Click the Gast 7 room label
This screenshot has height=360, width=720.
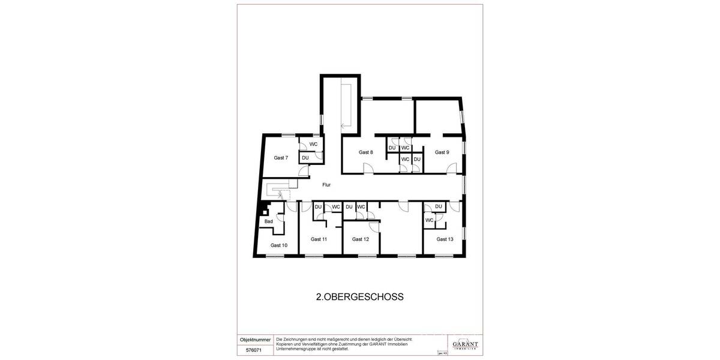pos(281,158)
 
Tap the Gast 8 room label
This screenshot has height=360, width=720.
pos(366,152)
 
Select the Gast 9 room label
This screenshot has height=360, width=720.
pos(442,152)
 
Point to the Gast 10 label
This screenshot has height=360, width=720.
pos(279,245)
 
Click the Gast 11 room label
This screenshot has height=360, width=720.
pos(319,239)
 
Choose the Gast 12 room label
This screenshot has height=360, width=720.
pos(361,239)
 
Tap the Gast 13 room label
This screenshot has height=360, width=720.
pos(445,239)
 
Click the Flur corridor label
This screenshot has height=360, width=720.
pos(326,185)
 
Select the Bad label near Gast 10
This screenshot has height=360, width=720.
pos(269,221)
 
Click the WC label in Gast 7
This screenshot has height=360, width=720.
pos(314,145)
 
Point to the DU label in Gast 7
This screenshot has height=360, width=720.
pos(305,158)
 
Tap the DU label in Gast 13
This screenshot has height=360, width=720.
pos(439,207)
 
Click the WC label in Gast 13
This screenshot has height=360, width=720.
pos(430,220)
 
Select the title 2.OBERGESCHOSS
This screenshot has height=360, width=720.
pos(359,296)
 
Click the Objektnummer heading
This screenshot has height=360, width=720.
pos(256,340)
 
